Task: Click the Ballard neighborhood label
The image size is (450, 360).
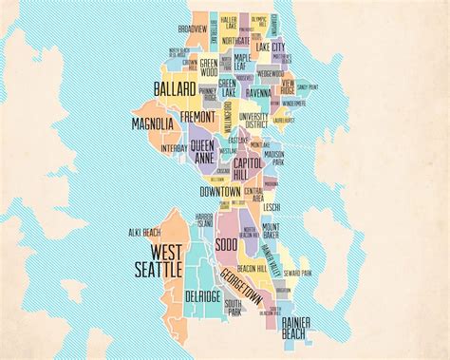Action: tap(162, 87)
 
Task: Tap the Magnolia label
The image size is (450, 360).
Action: tap(151, 124)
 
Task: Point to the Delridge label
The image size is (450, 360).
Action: tap(203, 296)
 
